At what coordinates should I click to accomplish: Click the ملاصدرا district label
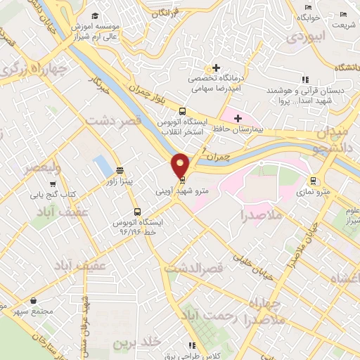(260, 214)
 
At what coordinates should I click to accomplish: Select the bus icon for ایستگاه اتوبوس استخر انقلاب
(183, 111)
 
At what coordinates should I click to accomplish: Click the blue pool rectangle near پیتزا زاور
(103, 167)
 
